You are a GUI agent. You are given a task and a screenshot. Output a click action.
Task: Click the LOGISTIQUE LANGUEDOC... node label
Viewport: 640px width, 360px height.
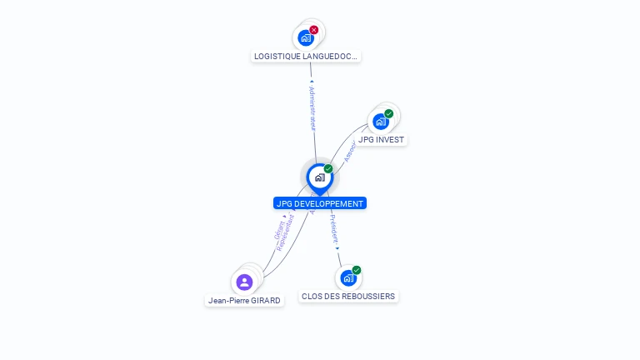306,57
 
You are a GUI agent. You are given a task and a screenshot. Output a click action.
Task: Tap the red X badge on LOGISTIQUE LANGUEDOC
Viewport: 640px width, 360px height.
314,30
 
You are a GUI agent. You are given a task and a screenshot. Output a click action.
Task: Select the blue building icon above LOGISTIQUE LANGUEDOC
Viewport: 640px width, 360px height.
306,37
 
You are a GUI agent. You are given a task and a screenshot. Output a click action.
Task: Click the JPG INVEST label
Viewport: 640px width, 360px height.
382,140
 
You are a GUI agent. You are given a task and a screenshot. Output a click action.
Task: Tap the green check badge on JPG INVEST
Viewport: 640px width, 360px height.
389,113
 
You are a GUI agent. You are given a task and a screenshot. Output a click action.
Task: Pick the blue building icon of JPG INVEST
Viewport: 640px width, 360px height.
381,122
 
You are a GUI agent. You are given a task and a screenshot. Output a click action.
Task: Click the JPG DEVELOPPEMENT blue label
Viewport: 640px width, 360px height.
319,203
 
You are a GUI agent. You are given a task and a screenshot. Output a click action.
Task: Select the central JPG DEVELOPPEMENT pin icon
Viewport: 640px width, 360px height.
319,177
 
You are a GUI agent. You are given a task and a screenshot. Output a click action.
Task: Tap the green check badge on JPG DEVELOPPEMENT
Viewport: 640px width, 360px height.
328,169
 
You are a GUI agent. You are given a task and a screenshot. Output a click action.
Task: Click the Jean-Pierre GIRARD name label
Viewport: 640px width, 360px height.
244,300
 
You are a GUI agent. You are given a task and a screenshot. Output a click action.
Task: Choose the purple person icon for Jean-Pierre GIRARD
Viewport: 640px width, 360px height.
244,282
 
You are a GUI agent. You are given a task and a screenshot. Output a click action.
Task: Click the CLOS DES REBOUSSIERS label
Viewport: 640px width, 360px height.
348,296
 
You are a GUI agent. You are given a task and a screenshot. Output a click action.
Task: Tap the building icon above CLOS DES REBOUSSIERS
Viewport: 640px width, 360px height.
348,278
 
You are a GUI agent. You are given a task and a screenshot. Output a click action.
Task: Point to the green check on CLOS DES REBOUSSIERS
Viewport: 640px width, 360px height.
357,270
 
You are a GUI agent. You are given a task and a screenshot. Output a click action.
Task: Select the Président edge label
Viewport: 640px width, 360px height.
333,231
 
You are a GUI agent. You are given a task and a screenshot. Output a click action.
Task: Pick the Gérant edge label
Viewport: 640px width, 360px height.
278,227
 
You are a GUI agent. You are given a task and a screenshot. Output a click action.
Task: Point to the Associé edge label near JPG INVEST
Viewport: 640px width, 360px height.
351,151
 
